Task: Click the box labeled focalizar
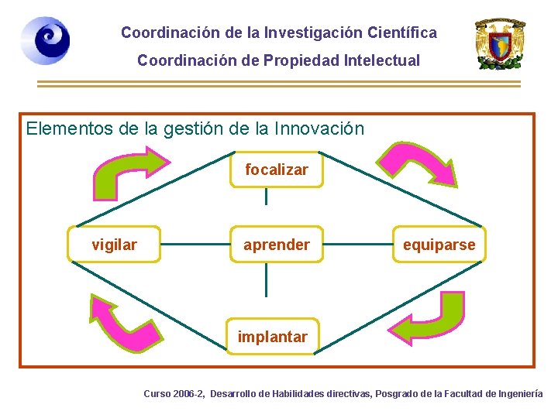[276, 170]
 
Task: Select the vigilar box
[114, 245]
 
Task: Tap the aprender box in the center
[276, 245]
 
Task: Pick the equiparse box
[439, 245]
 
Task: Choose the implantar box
[272, 337]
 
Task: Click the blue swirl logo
[45, 40]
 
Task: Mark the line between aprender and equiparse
[357, 245]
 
